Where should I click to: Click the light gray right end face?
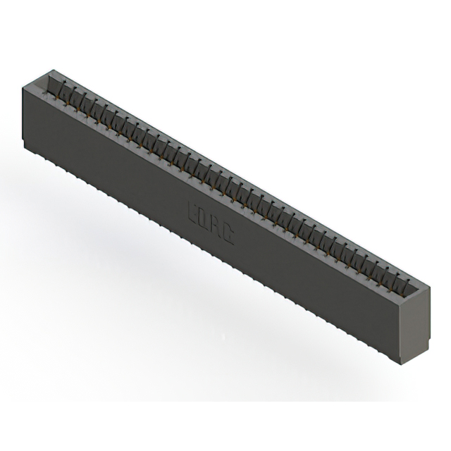click(x=415, y=324)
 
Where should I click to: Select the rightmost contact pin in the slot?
click(x=405, y=284)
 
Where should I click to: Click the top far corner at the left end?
click(x=51, y=69)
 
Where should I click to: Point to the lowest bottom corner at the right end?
click(x=400, y=364)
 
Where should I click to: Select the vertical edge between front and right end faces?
click(x=400, y=331)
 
